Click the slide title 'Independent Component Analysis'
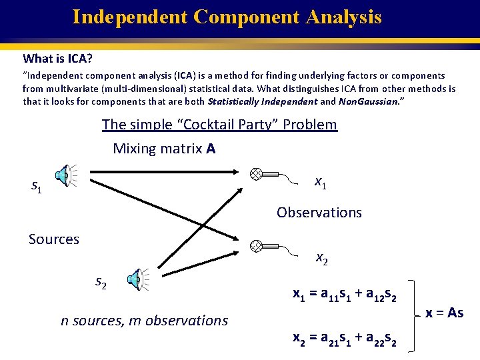pos(227,17)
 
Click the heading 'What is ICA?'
pos(57,59)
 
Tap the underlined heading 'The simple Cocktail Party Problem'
pos(219,125)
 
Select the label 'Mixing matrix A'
pos(164,148)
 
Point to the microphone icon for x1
pos(256,174)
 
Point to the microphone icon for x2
pos(256,245)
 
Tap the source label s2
pos(101,284)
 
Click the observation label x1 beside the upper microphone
pos(320,182)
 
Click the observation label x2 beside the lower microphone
pos(321,259)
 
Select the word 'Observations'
pos(319,213)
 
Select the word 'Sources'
pos(54,239)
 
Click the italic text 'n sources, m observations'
pos(144,321)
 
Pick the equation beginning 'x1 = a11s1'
pos(345,293)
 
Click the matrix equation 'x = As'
pos(445,313)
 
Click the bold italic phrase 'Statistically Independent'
pos(263,102)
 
